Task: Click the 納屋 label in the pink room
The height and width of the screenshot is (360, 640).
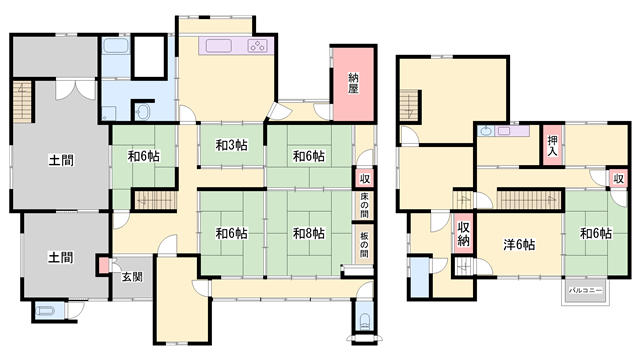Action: pos(353,83)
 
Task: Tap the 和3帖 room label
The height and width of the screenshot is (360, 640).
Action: pos(231,145)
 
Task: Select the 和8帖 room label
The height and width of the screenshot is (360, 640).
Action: pos(309,233)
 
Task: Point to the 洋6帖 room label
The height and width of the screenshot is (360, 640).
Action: pos(519,244)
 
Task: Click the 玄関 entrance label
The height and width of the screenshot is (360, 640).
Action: pos(132,277)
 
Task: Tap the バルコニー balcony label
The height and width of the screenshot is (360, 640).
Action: pos(586,290)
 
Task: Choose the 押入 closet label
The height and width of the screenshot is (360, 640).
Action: pos(553,146)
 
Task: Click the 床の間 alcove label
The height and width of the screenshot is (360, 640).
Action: pos(364,205)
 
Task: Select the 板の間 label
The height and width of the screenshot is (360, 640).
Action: pos(364,244)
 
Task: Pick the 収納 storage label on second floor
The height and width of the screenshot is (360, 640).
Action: pos(463,234)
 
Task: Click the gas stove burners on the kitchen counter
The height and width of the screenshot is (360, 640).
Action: pos(258,46)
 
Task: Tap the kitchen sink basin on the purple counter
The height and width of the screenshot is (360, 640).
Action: pos(219,46)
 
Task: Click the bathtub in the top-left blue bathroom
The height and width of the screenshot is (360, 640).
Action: pos(116,45)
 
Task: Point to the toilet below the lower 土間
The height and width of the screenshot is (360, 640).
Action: pos(45,311)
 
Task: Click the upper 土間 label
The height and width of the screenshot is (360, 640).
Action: pos(61,160)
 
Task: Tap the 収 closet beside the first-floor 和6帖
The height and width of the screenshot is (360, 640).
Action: pos(364,178)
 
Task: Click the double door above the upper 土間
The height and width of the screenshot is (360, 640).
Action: pos(75,90)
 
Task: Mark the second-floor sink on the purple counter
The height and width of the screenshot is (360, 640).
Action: pos(486,131)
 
